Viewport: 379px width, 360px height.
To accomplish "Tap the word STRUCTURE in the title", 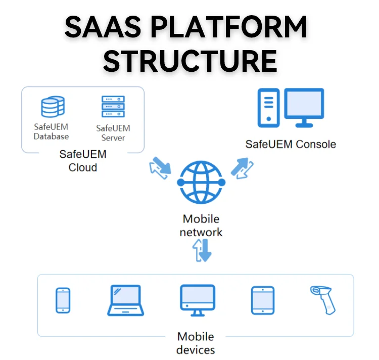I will [x=189, y=61].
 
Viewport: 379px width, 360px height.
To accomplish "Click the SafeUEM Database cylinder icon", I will [x=52, y=107].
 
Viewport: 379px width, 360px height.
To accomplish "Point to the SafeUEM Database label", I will [x=52, y=132].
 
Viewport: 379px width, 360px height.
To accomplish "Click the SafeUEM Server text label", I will [x=113, y=133].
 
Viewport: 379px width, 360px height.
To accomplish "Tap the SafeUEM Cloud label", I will [x=83, y=160].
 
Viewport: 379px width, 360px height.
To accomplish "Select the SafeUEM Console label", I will [x=291, y=144].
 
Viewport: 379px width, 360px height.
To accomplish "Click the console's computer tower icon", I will [x=268, y=108].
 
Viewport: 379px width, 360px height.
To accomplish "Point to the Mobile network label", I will [x=201, y=226].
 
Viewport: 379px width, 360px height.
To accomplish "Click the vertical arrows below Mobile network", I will [x=202, y=251].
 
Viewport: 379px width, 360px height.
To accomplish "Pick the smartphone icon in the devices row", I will [x=63, y=300].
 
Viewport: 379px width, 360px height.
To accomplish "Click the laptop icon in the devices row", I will [x=125, y=300].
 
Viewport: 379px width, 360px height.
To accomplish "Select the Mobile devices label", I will [x=196, y=343].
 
